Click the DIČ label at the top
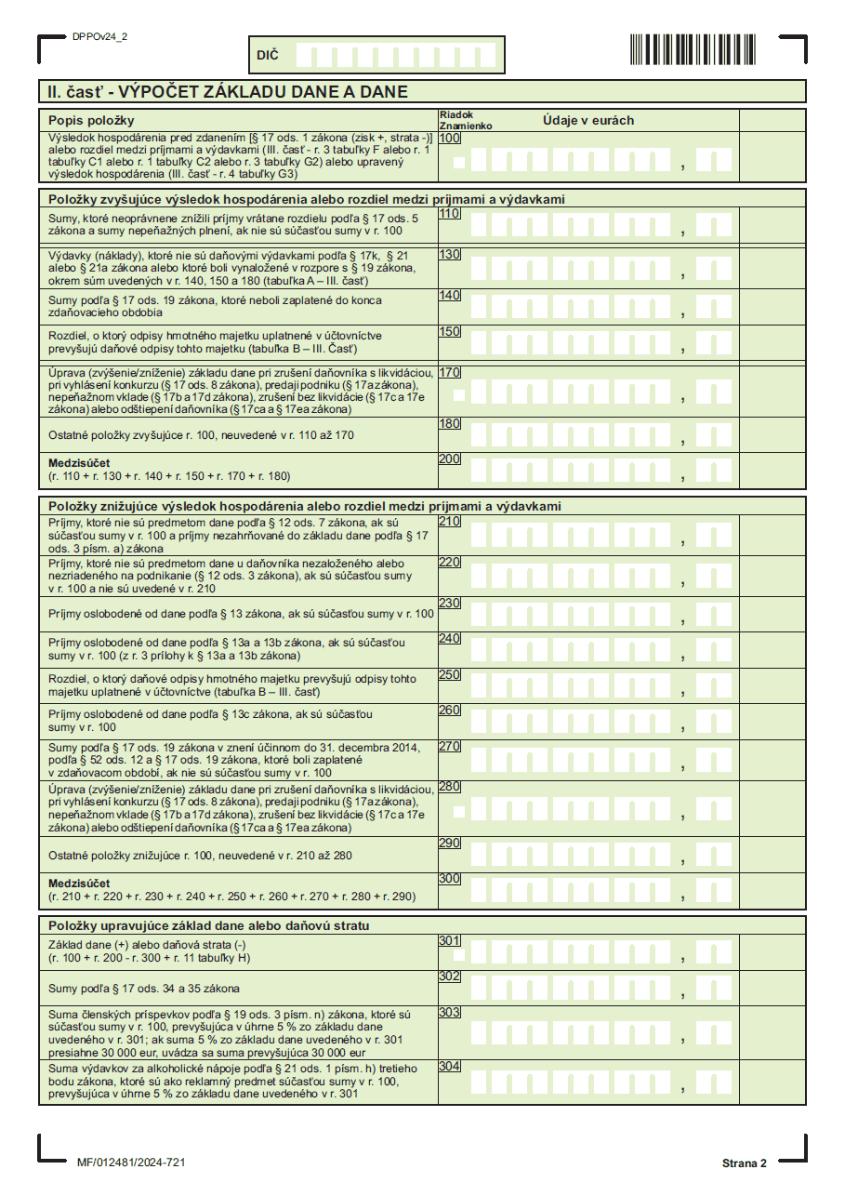(x=267, y=56)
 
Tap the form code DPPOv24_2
(x=99, y=36)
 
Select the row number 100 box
(x=450, y=138)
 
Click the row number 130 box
(x=450, y=254)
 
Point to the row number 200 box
(x=450, y=458)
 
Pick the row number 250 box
(x=450, y=674)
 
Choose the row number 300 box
(x=450, y=878)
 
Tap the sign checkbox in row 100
(x=459, y=163)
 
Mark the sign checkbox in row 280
(x=459, y=811)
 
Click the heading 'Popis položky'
(x=91, y=120)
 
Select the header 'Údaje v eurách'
(x=588, y=120)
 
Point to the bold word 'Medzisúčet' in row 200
(x=79, y=462)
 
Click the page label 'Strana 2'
(x=744, y=1163)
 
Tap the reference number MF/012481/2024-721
(x=131, y=1163)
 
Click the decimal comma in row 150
(x=683, y=351)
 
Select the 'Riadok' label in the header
(x=456, y=115)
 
